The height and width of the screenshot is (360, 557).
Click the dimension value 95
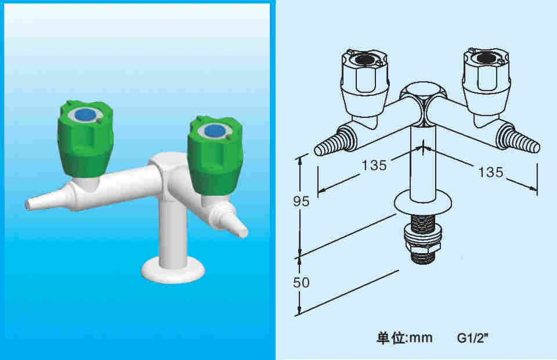(301, 201)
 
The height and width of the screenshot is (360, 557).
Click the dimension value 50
(301, 283)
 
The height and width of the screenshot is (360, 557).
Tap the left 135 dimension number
(374, 165)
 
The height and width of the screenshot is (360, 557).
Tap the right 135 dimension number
(491, 172)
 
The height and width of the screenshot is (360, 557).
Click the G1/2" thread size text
(473, 338)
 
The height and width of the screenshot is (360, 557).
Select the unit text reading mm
(421, 338)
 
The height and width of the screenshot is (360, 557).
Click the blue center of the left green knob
(85, 114)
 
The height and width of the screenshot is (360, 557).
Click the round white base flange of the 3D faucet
(173, 271)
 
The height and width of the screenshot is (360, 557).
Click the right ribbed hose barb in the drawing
(518, 141)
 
